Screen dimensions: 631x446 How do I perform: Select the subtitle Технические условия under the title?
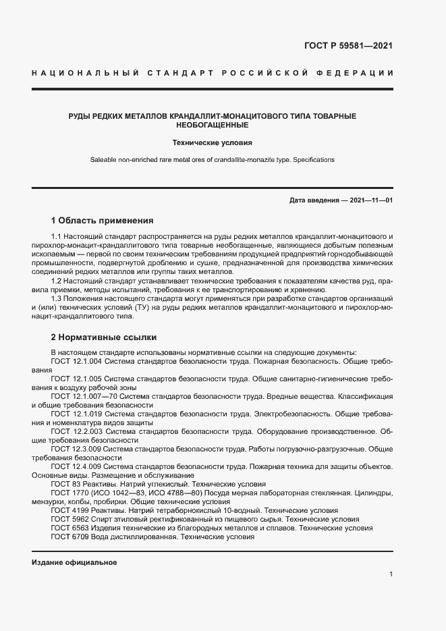pyautogui.click(x=212, y=143)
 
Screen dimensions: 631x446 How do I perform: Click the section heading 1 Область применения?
pyautogui.click(x=102, y=220)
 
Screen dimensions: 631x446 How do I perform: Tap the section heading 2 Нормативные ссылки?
pyautogui.click(x=105, y=337)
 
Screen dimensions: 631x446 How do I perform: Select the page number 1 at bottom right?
pyautogui.click(x=391, y=574)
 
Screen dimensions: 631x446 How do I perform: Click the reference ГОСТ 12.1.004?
pyautogui.click(x=76, y=362)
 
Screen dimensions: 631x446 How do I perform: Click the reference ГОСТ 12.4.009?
pyautogui.click(x=76, y=466)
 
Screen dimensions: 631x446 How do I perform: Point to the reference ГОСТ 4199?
pyautogui.click(x=66, y=511)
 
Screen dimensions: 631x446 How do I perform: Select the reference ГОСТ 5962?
pyautogui.click(x=66, y=520)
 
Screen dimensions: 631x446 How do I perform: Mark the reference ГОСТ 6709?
pyautogui.click(x=66, y=537)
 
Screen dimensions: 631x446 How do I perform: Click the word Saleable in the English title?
pyautogui.click(x=104, y=160)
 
